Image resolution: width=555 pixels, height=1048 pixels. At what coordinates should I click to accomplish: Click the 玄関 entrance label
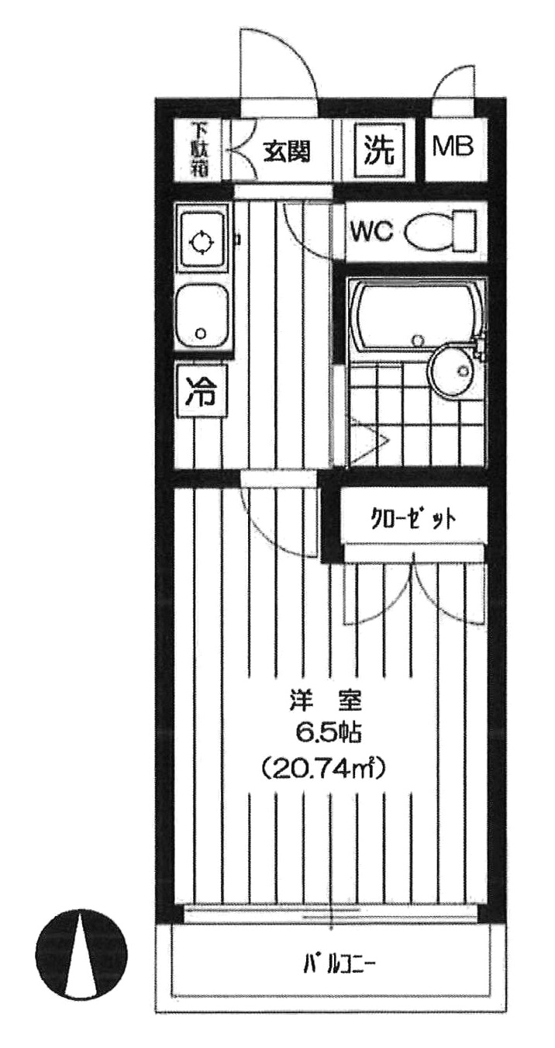coord(285,150)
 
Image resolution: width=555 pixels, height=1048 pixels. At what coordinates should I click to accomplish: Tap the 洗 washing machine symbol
coord(380,150)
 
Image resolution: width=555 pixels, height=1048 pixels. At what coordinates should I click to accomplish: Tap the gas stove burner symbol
coord(201,242)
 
